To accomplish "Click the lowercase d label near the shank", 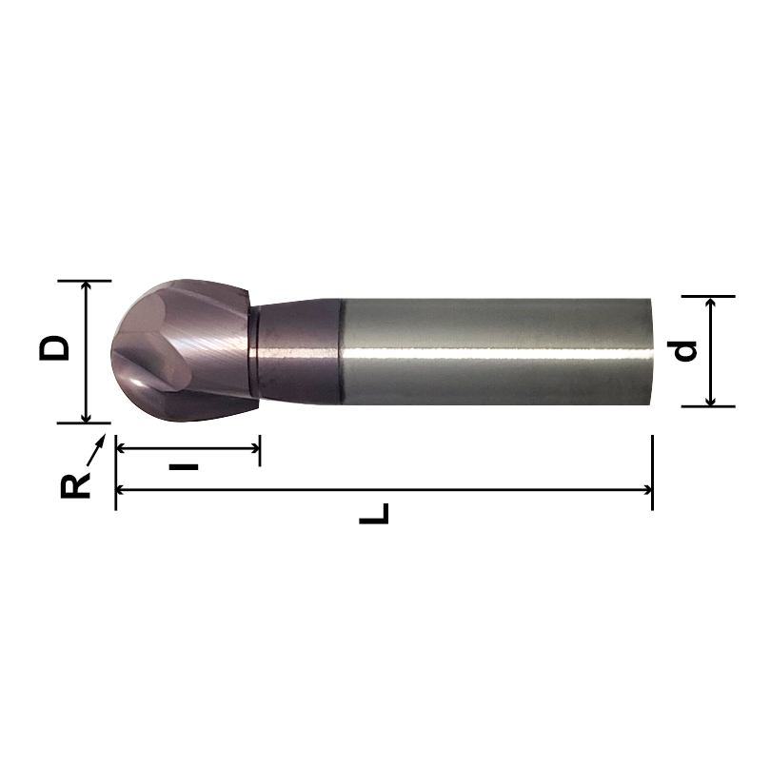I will (x=683, y=350).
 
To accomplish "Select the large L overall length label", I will (x=375, y=515).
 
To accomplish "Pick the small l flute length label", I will (x=185, y=466).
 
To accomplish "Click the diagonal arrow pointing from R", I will (x=96, y=447).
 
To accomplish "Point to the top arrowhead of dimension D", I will (x=87, y=286).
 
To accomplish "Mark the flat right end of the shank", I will (x=652, y=352).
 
